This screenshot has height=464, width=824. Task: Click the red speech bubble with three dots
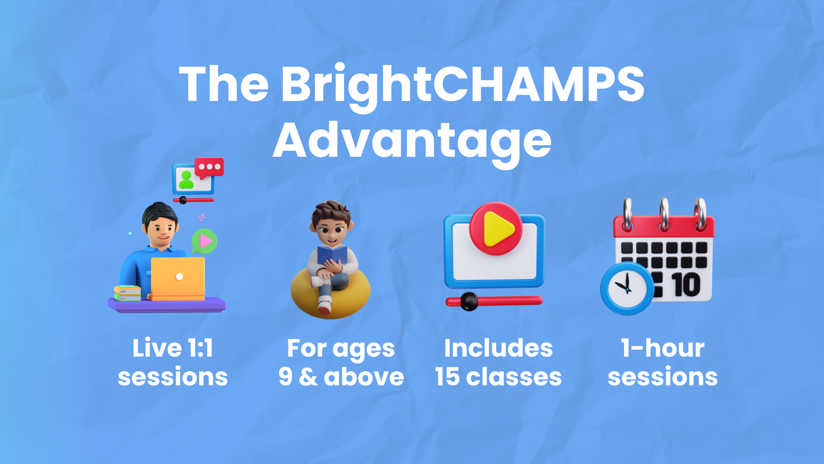[209, 168]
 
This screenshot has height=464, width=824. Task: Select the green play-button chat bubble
[205, 241]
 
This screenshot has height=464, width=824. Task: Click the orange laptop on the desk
[177, 279]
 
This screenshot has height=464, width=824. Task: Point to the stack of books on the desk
[127, 293]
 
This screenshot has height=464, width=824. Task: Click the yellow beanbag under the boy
[330, 294]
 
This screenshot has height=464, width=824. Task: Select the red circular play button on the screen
[496, 228]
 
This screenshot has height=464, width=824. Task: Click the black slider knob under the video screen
[469, 301]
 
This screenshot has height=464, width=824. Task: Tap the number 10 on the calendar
[687, 284]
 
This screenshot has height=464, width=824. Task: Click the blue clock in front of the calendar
[627, 288]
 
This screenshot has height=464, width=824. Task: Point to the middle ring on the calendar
[664, 214]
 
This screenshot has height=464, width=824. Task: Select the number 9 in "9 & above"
[286, 377]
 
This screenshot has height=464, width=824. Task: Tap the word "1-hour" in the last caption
[663, 348]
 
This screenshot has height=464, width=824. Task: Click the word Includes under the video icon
[498, 348]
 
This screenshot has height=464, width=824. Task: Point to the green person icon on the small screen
[186, 180]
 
